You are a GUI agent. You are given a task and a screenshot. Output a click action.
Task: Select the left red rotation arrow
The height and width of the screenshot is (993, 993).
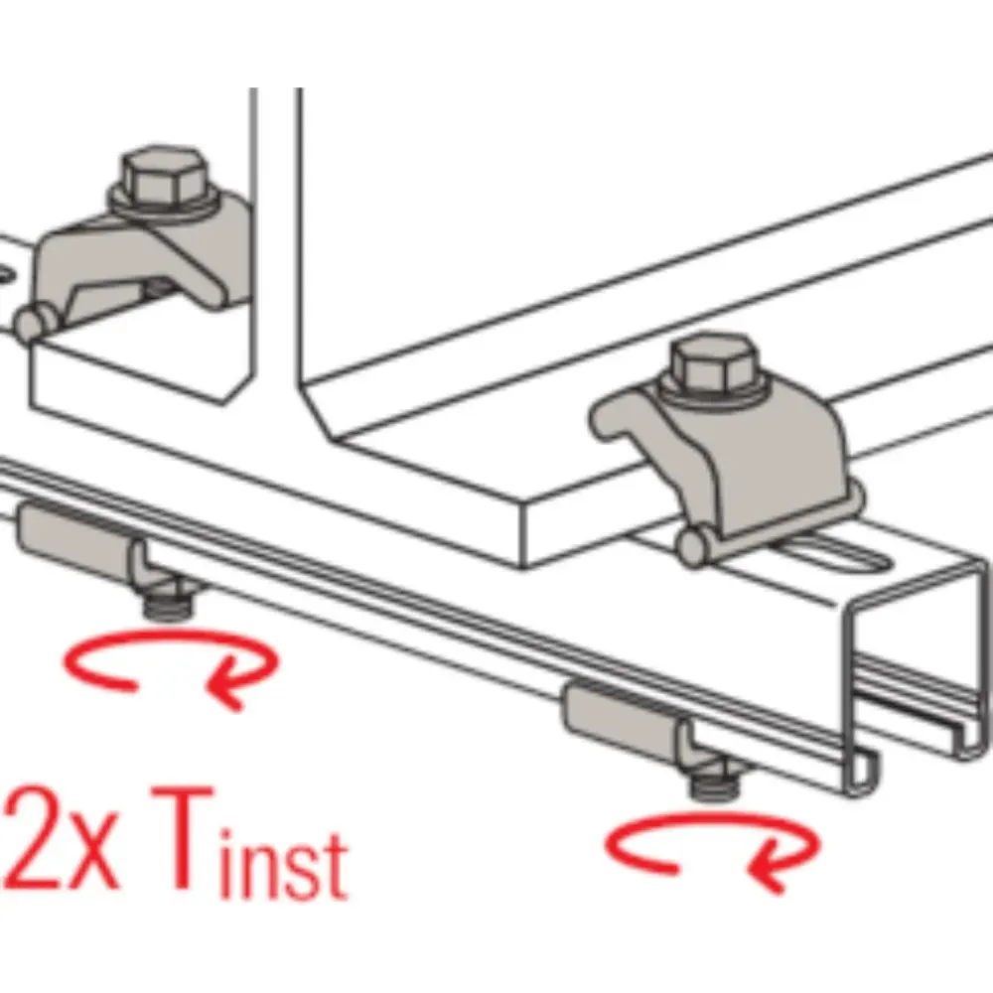click(171, 665)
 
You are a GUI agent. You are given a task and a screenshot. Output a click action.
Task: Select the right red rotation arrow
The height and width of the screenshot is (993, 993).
click(713, 849)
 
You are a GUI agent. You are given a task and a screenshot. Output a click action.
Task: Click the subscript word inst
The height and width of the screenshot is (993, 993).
click(284, 861)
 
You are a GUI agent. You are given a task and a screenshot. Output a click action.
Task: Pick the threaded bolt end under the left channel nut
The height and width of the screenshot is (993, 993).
click(167, 604)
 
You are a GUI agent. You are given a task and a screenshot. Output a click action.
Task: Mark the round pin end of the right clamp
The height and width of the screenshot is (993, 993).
click(693, 548)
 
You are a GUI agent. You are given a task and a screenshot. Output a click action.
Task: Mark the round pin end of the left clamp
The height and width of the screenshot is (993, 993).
click(31, 323)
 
